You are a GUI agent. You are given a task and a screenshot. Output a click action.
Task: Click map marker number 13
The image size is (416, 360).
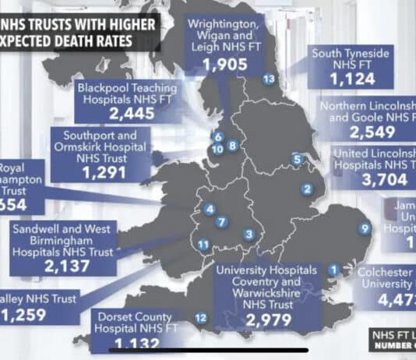tap(269, 79)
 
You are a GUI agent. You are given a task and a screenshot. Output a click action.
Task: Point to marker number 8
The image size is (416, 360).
tap(232, 145)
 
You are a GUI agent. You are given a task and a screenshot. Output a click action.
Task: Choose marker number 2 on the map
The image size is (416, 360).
tap(308, 188)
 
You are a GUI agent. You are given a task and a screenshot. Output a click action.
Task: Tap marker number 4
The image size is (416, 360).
tap(209, 208)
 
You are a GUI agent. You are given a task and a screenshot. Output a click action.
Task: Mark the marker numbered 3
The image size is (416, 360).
tap(249, 234)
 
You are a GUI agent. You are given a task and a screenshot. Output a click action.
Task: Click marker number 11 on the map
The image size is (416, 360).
tap(203, 245)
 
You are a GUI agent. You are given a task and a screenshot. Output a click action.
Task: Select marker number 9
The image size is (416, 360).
tap(365, 228)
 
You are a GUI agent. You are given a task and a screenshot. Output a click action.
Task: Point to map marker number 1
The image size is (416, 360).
tap(333, 270)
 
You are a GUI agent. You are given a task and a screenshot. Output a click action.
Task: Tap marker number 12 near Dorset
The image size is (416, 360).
tap(200, 317)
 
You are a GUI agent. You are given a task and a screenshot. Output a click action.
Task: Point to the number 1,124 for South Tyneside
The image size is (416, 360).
tap(342, 79)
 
